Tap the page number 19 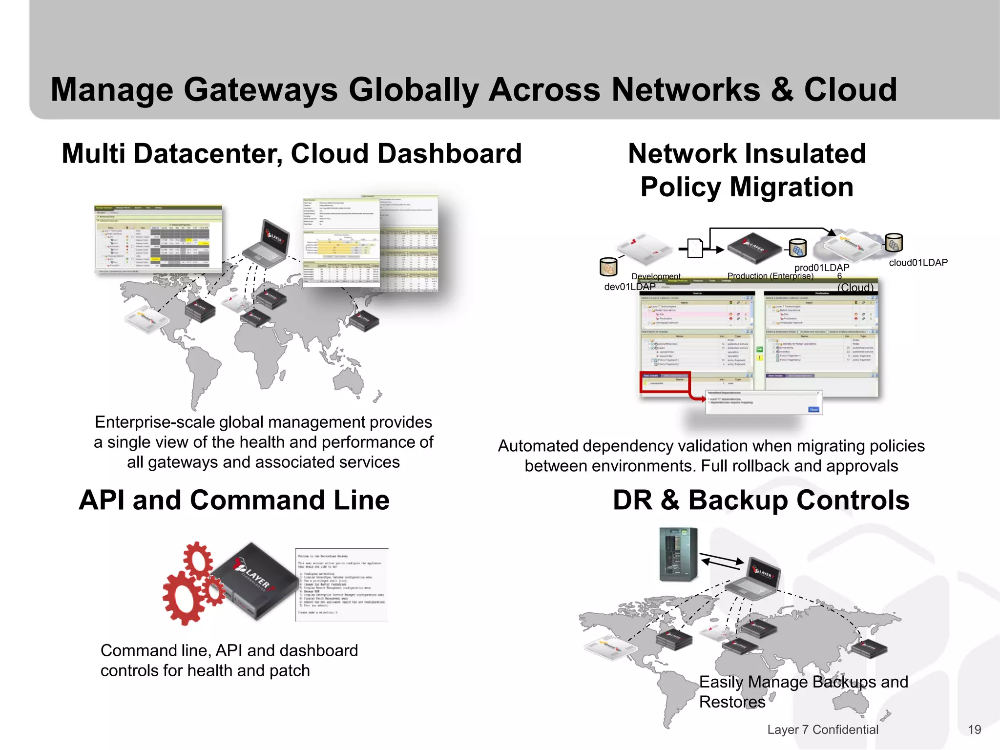[x=974, y=729]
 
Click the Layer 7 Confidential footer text [x=823, y=729]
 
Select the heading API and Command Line [x=234, y=500]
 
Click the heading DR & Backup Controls [x=761, y=500]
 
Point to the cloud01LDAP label [x=918, y=263]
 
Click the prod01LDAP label [x=821, y=268]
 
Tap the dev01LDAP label [x=629, y=287]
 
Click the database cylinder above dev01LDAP [x=608, y=267]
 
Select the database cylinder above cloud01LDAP [x=894, y=243]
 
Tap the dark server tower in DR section [x=678, y=554]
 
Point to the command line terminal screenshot [x=342, y=584]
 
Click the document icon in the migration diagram [x=694, y=248]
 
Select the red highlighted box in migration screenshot [x=665, y=382]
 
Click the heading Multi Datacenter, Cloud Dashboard [x=292, y=154]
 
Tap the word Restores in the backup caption [x=732, y=702]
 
